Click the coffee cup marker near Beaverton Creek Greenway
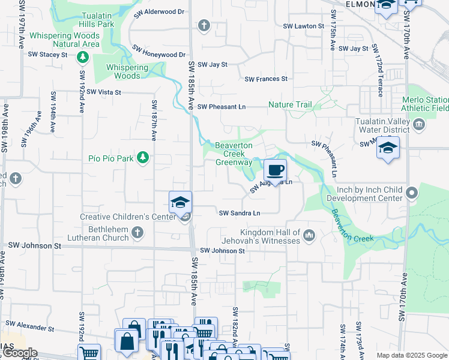pos(275,170)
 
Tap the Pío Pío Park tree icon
pos(143,158)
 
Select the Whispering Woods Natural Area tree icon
pos(82,58)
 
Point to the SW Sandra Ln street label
pos(240,213)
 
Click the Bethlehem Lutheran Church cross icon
pos(137,232)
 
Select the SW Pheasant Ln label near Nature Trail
pos(222,107)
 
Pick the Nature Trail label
pos(290,104)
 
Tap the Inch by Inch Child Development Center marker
pos(411,193)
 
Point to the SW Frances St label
pos(266,79)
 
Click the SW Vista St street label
pos(104,92)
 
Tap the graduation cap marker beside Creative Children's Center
pos(180,202)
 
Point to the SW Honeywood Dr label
pos(158,55)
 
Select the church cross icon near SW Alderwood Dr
pos(204,25)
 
